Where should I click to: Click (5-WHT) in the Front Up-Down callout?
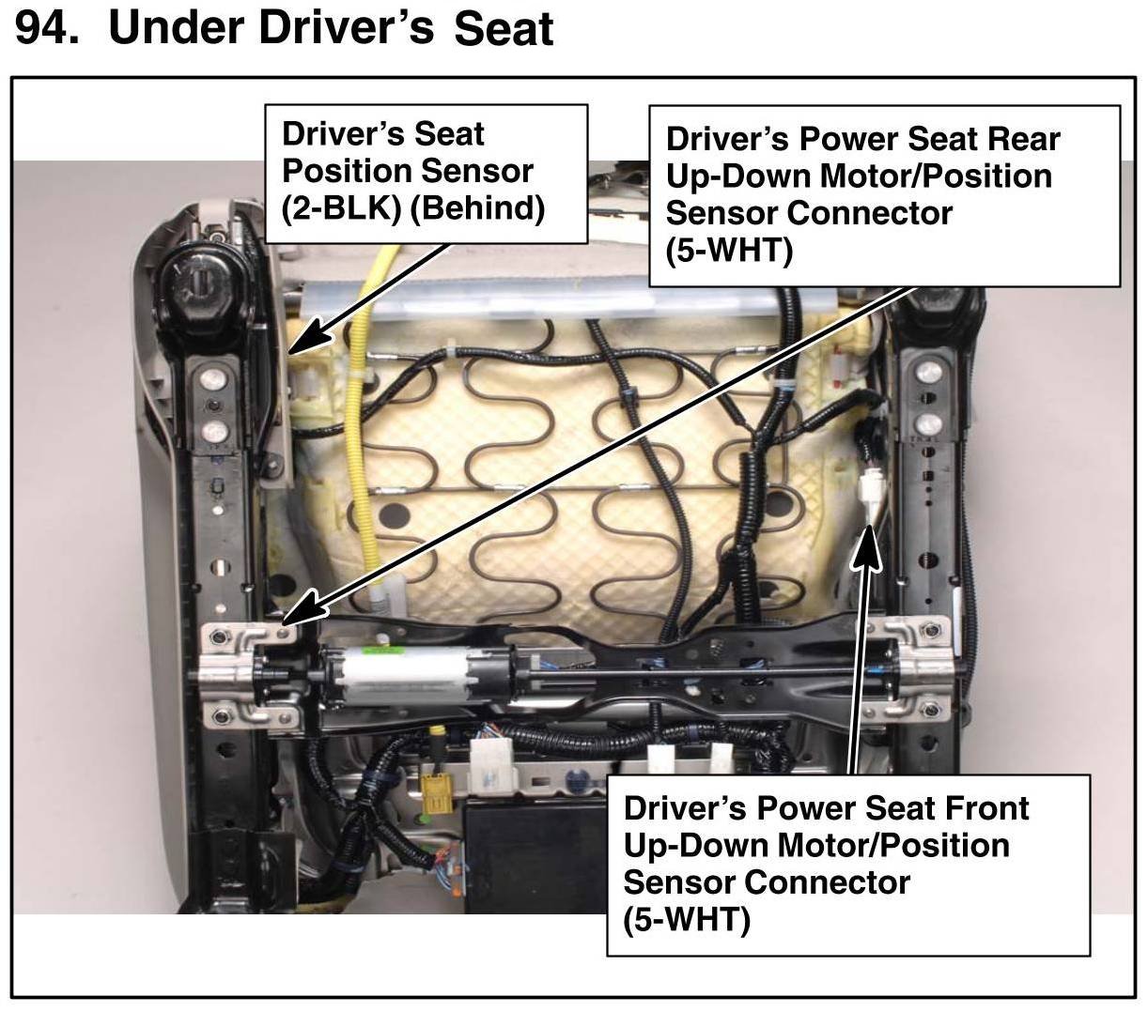687,920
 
